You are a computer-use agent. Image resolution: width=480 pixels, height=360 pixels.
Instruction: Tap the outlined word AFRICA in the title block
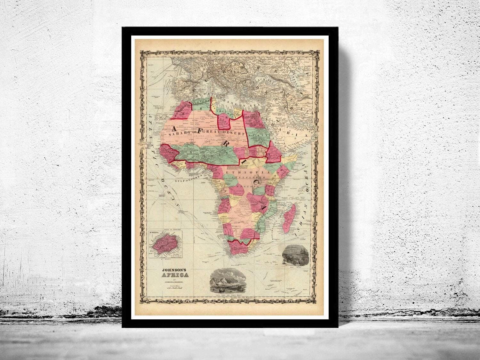point(175,274)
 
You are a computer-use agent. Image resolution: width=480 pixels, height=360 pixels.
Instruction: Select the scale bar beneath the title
point(175,287)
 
